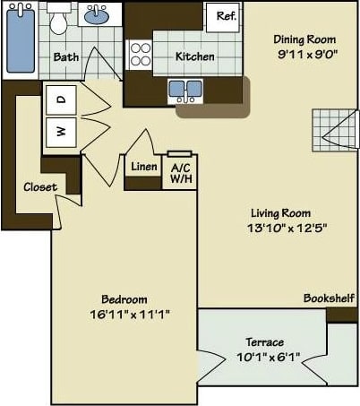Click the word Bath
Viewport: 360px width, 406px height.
65,56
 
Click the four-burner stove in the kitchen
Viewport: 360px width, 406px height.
140,56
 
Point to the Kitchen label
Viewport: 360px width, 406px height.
194,56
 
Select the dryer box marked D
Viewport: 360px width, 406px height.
61,100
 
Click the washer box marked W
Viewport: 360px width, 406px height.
61,132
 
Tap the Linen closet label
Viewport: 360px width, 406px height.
143,167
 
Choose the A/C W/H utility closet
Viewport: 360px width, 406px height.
179,171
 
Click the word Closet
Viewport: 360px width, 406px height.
40,187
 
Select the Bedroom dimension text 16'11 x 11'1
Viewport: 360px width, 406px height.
131,314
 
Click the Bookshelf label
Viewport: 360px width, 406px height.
329,298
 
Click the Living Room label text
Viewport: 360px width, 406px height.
280,213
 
